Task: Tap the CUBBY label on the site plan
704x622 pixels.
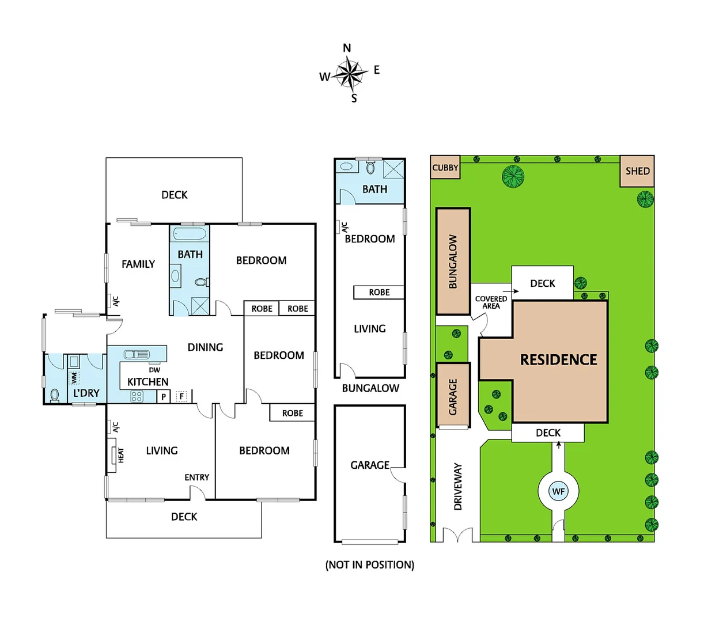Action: (x=445, y=168)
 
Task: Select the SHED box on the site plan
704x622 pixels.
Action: (x=637, y=171)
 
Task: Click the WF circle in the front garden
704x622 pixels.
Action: (x=558, y=491)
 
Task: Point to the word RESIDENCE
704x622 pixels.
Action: (x=558, y=360)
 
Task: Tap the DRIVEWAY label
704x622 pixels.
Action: (x=458, y=486)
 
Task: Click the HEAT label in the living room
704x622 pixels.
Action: (x=121, y=456)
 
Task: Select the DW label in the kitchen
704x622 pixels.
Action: (x=154, y=370)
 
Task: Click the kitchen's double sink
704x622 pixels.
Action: (x=137, y=354)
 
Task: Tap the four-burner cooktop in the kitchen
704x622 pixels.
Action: (x=137, y=396)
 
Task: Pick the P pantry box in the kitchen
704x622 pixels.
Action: (x=164, y=396)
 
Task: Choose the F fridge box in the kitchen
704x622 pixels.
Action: (x=181, y=396)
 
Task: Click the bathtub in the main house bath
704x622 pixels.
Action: (x=190, y=234)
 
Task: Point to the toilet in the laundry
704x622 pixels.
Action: (x=55, y=395)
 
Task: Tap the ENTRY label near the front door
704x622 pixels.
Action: (x=196, y=477)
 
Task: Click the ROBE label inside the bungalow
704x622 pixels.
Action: (x=379, y=293)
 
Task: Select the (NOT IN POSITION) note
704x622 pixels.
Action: (x=370, y=565)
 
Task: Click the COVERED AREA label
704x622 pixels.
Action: (x=491, y=302)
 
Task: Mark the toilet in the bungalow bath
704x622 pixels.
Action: (x=370, y=168)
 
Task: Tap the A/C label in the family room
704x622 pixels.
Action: (x=115, y=301)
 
